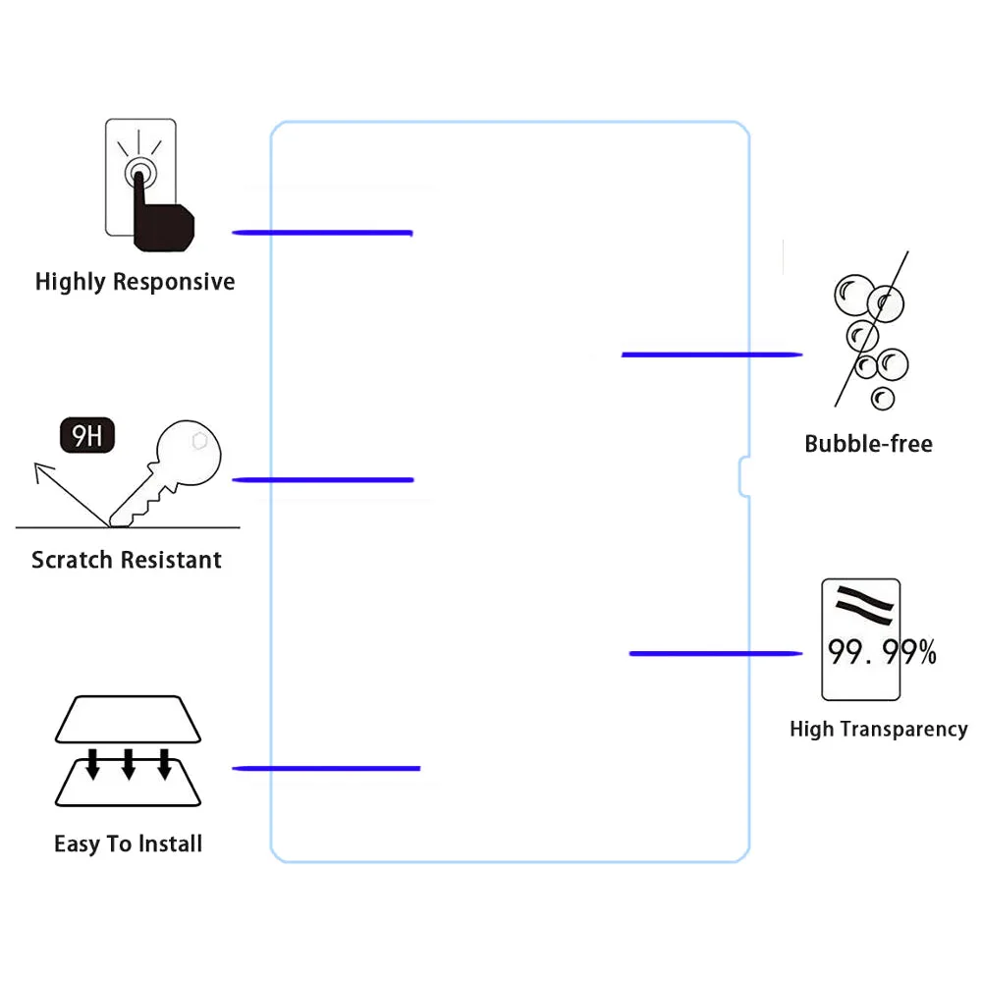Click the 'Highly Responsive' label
point(135,282)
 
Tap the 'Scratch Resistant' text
point(127,560)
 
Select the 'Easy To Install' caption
point(129,844)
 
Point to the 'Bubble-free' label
point(869,444)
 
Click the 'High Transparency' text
point(879,729)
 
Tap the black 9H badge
point(87,435)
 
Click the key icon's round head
point(189,452)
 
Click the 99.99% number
point(882,651)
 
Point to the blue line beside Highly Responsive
point(322,233)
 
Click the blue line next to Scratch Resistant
point(323,480)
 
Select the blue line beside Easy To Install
point(326,769)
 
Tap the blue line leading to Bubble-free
point(712,355)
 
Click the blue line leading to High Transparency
point(716,653)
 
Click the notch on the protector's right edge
point(742,477)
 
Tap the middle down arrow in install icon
point(129,764)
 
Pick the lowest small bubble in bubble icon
point(883,399)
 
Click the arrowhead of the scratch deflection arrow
point(41,470)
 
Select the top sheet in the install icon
point(128,719)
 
